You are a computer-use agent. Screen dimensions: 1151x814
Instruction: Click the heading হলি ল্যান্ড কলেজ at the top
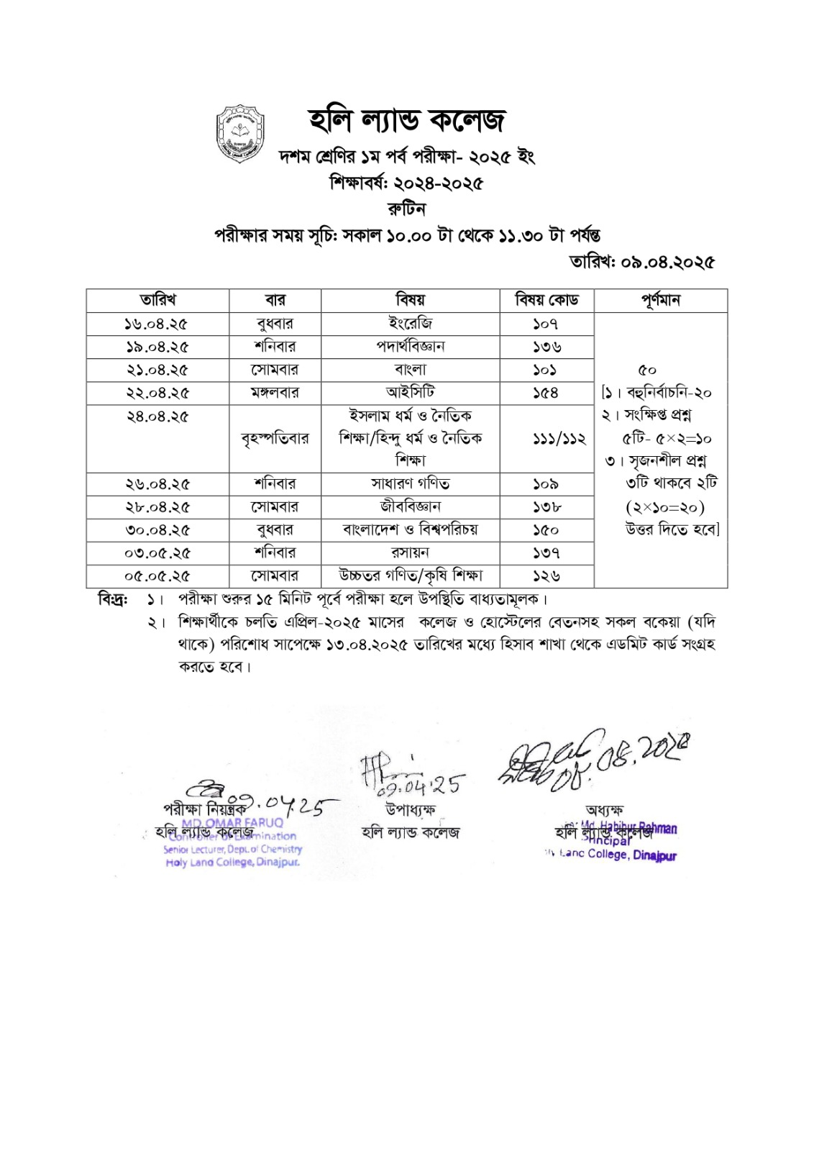(407, 120)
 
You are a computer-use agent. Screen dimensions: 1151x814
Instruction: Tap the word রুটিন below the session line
(407, 209)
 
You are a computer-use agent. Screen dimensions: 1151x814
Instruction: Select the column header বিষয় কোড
(547, 300)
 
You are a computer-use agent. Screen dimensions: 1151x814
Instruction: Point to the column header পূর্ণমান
(660, 300)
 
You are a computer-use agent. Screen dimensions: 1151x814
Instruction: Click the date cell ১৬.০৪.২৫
(157, 324)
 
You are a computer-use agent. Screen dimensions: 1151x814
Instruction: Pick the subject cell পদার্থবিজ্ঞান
(410, 347)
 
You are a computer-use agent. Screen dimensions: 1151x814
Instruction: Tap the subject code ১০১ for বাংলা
(547, 370)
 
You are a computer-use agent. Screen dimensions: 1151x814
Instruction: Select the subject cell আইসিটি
(410, 393)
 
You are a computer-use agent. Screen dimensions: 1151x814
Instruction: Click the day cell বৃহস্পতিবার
(275, 438)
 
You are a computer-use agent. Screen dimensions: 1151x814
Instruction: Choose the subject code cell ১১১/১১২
(547, 438)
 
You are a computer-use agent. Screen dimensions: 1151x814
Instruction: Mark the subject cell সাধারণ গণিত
(410, 484)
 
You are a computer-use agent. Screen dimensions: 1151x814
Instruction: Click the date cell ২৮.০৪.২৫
(157, 507)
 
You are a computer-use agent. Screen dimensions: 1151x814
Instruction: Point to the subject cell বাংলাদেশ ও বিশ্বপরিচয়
(410, 530)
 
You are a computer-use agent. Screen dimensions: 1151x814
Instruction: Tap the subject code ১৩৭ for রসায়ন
(547, 553)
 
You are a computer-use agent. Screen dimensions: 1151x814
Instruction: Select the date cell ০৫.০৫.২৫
(157, 576)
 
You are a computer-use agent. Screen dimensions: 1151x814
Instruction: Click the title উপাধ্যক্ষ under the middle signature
(410, 810)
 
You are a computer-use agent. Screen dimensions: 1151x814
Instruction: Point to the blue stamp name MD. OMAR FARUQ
(232, 823)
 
